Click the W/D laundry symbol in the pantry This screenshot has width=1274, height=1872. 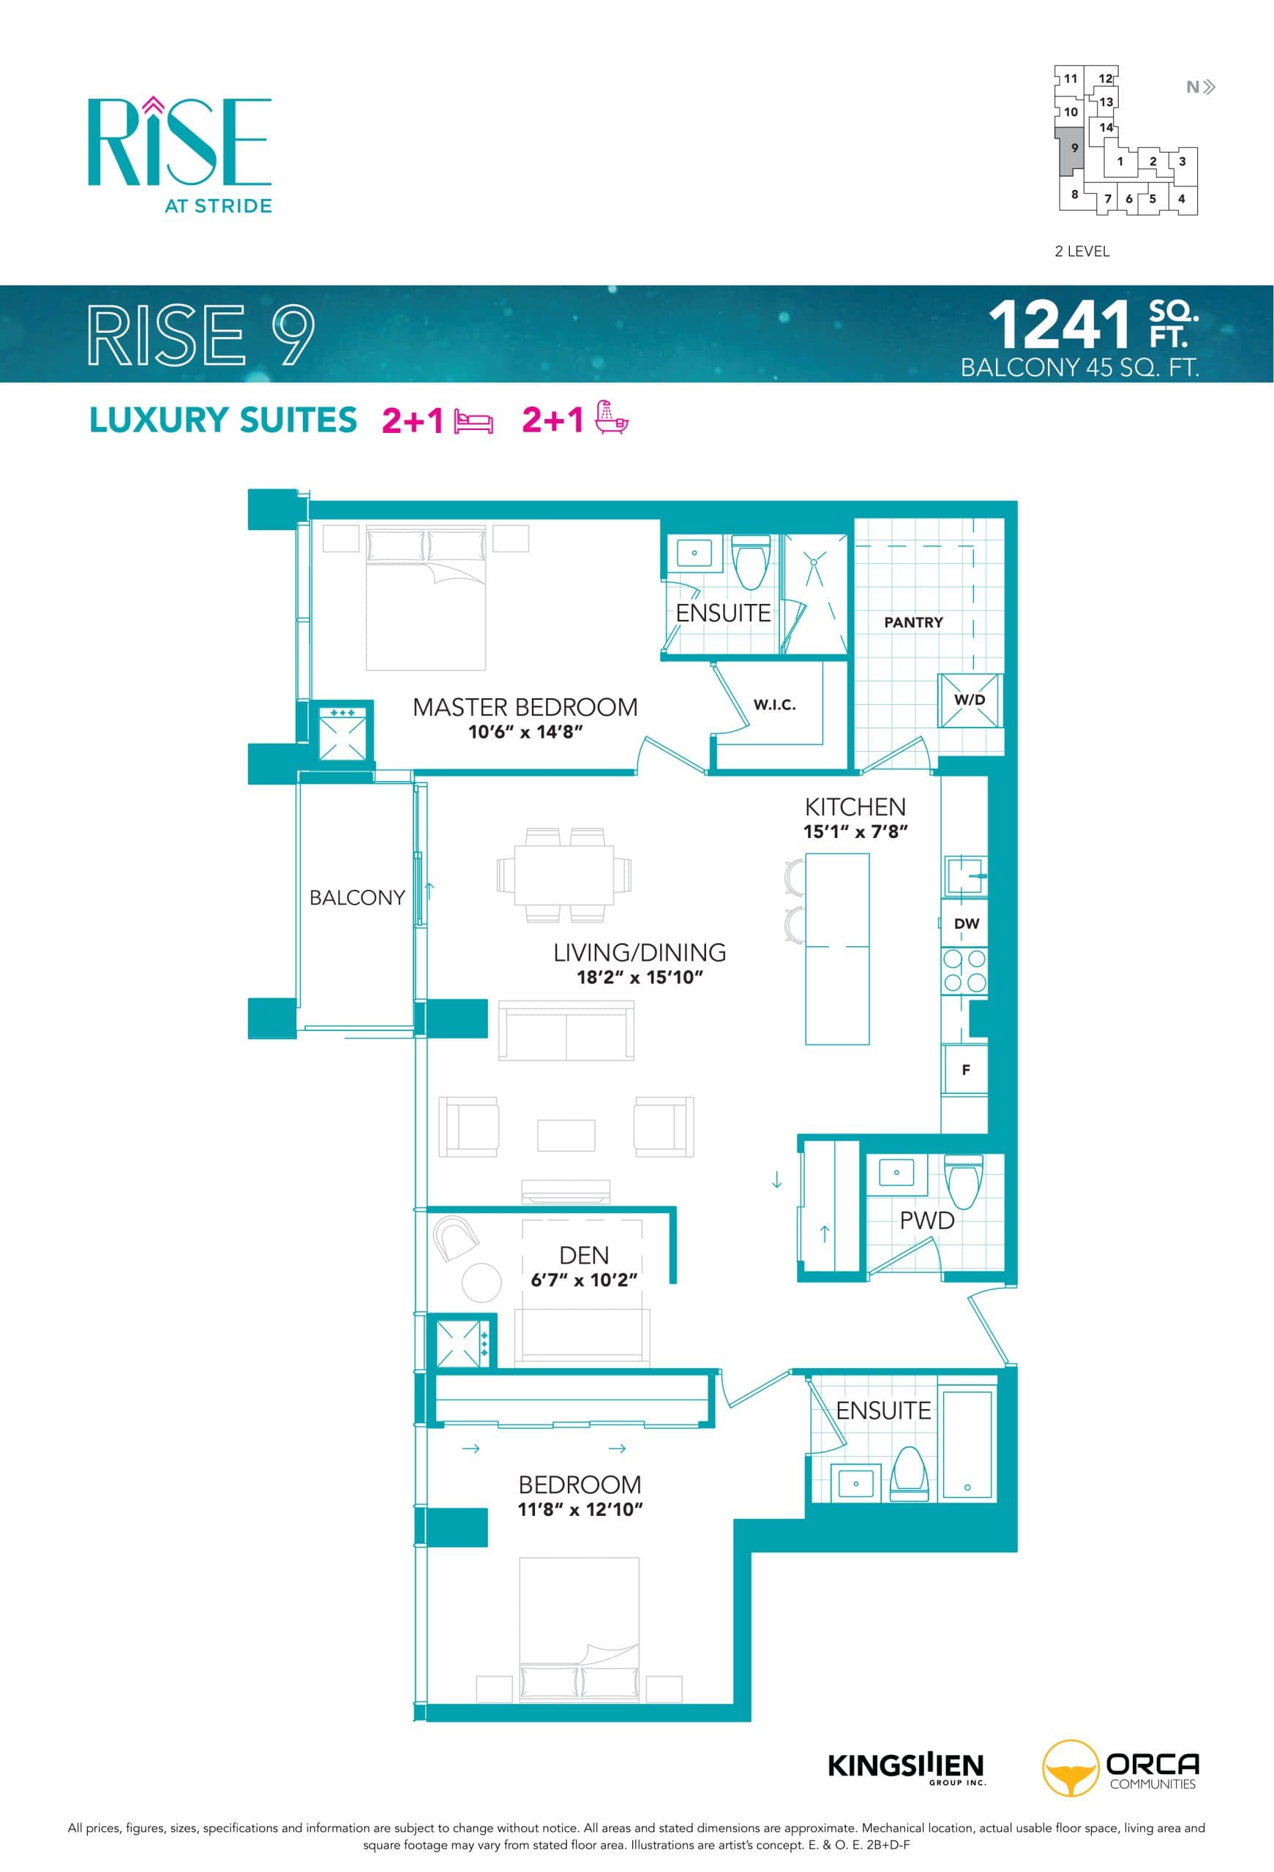point(970,700)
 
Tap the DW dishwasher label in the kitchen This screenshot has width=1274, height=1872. point(965,923)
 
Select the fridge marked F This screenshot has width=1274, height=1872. point(965,1070)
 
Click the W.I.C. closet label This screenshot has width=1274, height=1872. point(773,705)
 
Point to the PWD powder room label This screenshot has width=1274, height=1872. point(926,1220)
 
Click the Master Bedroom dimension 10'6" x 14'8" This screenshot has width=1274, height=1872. point(525,731)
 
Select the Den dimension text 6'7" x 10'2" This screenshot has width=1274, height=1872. point(583,1280)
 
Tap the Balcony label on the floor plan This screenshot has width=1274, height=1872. point(357,897)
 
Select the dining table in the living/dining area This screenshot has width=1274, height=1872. point(564,875)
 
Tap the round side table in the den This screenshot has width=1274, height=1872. point(481,1283)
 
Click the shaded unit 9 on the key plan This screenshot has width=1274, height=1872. point(1071,151)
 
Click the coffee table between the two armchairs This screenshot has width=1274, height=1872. point(566,1135)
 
